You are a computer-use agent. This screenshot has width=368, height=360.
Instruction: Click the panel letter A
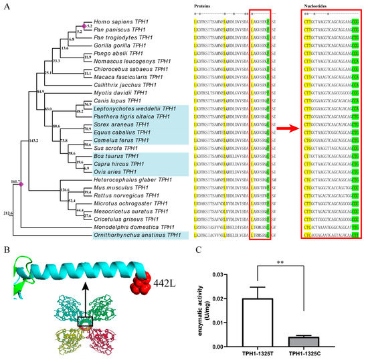[x=6, y=6]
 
